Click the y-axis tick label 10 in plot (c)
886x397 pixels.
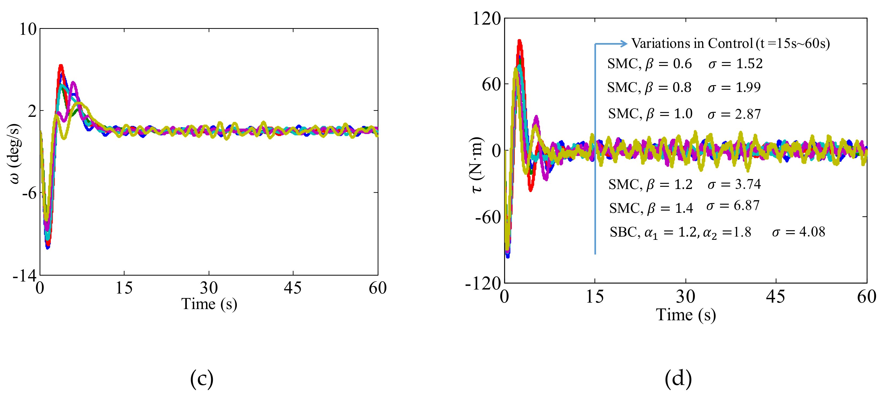28,30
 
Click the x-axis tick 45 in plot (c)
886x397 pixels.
292,288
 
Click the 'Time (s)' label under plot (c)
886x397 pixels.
209,304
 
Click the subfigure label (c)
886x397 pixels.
202,379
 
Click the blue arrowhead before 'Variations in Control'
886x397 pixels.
624,44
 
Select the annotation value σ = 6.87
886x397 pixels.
733,206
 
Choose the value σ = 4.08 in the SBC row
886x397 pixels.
798,232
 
